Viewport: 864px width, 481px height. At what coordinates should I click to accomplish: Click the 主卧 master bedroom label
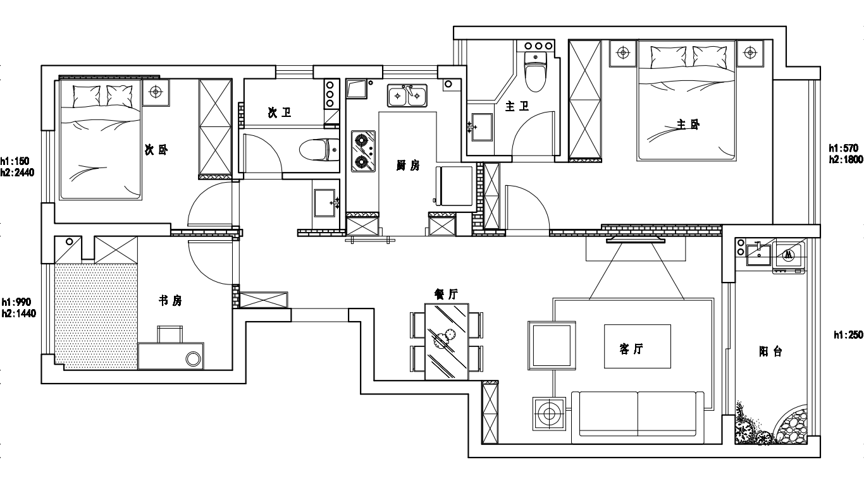tap(688, 125)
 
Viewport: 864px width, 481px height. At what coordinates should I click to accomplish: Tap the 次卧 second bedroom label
tap(156, 150)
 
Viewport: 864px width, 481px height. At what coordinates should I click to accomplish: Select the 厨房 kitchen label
tap(408, 166)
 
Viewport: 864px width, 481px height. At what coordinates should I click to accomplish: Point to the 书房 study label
tap(170, 300)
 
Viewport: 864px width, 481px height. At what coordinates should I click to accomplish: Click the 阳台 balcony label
tap(770, 351)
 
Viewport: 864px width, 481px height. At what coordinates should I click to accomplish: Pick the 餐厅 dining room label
tap(447, 294)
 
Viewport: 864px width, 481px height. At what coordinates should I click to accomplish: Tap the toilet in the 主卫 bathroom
tap(536, 72)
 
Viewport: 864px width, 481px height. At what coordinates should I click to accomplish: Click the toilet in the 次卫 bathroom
tap(319, 150)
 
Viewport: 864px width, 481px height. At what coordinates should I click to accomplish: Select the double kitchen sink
tap(407, 95)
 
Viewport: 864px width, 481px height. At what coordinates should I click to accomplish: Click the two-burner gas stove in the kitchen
tap(363, 151)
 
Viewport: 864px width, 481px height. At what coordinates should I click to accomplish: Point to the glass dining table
tap(447, 342)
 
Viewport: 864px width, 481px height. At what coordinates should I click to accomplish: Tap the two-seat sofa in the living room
tap(638, 417)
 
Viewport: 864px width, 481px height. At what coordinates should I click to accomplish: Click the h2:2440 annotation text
tap(17, 173)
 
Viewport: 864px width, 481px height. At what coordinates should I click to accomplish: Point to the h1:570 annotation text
tap(844, 148)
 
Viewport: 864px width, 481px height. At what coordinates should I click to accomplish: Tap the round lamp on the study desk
tap(194, 359)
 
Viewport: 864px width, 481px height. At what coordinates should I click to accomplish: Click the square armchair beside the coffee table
tap(552, 346)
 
